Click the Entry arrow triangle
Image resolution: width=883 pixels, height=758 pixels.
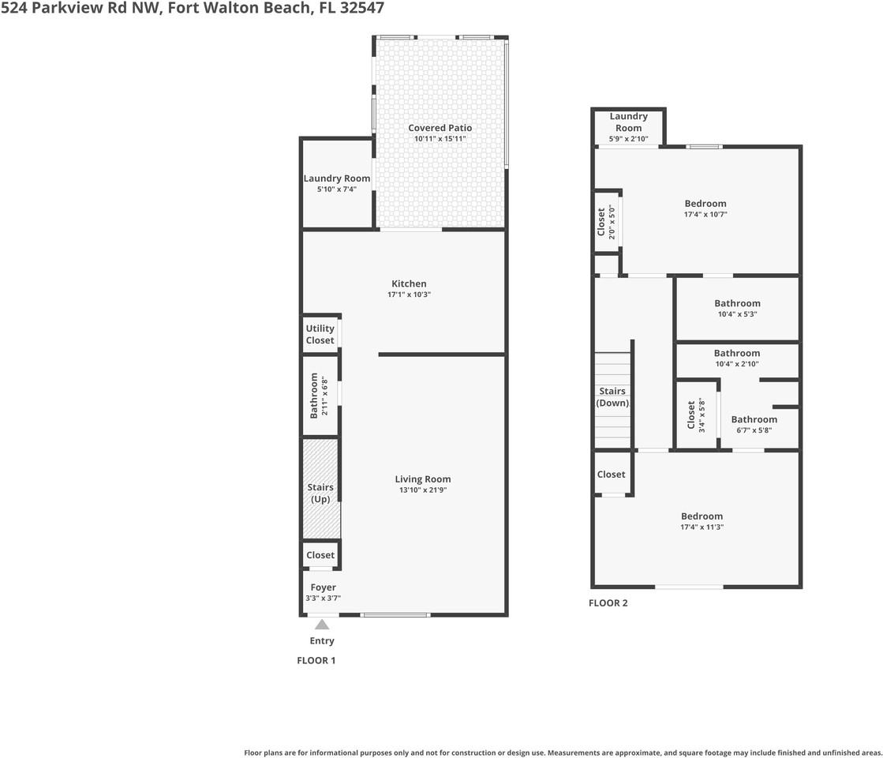(322, 625)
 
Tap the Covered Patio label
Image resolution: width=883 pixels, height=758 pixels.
(440, 128)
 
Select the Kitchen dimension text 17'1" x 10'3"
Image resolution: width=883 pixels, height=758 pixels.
(409, 295)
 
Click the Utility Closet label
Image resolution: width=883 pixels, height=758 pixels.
(320, 334)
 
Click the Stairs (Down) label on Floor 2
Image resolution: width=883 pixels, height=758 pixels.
(612, 396)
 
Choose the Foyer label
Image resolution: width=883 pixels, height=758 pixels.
(323, 587)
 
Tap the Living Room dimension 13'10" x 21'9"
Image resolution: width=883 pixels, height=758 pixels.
(423, 490)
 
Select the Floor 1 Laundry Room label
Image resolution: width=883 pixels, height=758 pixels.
(337, 178)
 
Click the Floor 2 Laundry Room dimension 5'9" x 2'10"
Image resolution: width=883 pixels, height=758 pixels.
(629, 139)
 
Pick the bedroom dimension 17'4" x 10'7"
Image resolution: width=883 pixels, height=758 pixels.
(705, 214)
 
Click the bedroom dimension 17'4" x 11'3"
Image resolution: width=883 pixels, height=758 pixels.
(702, 527)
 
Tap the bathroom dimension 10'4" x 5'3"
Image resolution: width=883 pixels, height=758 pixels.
(737, 314)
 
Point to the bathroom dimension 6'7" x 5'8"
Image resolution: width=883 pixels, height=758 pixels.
(754, 430)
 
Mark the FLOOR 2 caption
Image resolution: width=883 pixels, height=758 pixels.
(608, 603)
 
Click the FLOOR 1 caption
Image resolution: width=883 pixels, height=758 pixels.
(316, 660)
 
